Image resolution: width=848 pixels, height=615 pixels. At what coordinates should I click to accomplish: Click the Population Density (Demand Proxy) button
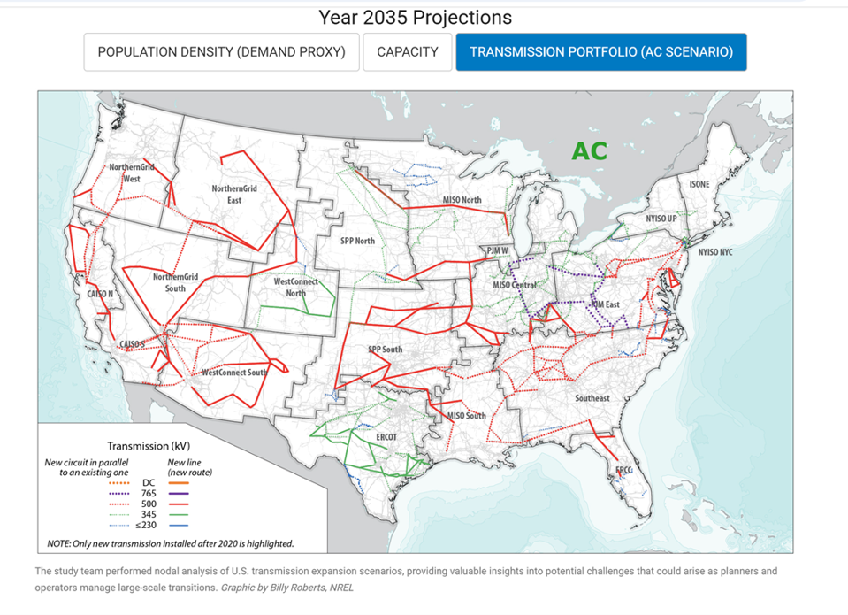(221, 52)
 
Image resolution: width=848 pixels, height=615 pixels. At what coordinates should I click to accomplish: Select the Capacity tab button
(407, 52)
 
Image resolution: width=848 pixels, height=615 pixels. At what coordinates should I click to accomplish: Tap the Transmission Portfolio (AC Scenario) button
(601, 52)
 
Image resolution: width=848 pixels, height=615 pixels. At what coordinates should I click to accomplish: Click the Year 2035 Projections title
(415, 18)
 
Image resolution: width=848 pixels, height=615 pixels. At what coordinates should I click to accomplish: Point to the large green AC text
(589, 151)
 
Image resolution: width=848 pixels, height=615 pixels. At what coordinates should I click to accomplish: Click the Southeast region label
(592, 398)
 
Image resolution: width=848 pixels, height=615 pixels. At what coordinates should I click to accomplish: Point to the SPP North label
(358, 241)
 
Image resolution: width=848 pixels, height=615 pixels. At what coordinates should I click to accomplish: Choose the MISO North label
(462, 200)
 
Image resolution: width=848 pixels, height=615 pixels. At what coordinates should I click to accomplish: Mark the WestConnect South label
(234, 373)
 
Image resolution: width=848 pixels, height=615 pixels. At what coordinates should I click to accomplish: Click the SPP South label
(385, 350)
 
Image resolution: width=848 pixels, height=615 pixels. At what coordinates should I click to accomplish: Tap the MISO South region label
(467, 415)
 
